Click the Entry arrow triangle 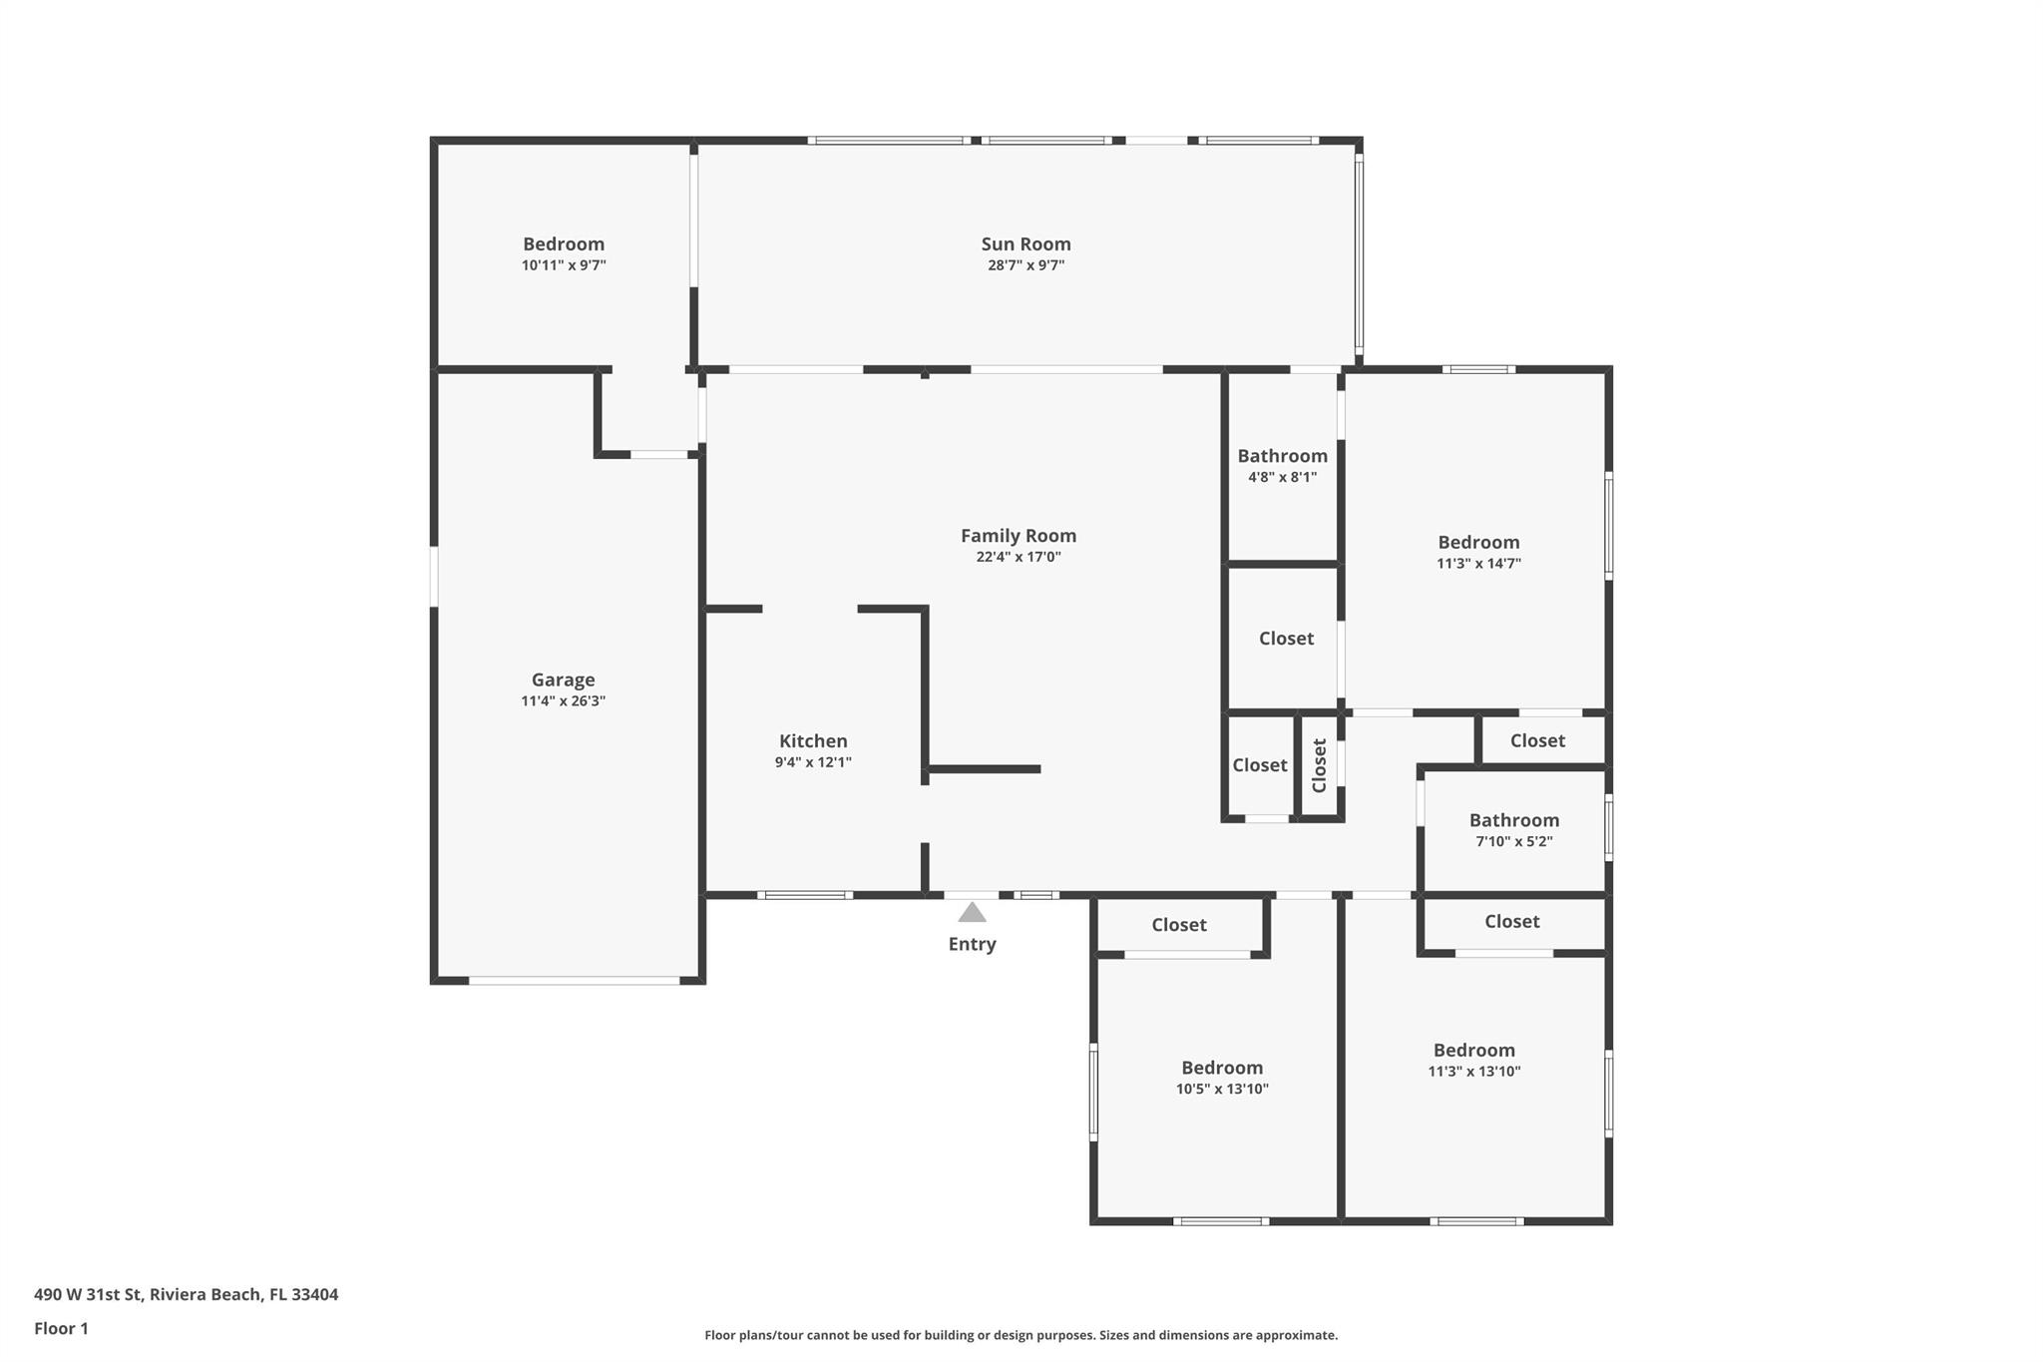point(972,912)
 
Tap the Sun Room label point(1025,243)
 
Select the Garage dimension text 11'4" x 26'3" point(563,700)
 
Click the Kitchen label point(813,740)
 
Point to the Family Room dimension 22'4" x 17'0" point(1018,557)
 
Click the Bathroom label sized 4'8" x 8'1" point(1282,456)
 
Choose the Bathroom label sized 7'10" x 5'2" point(1513,820)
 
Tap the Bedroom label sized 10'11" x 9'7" point(564,243)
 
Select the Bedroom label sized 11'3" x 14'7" point(1478,542)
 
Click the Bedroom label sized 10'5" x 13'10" point(1222,1068)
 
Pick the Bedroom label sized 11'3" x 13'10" point(1473,1050)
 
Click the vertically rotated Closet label point(1320,765)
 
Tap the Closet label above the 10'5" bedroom point(1179,925)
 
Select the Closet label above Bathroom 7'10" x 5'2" point(1537,740)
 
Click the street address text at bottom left point(187,1294)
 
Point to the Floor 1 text point(61,1328)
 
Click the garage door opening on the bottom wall point(574,981)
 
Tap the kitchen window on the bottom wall point(804,895)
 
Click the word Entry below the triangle point(972,944)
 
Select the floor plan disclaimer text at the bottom point(1021,1335)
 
